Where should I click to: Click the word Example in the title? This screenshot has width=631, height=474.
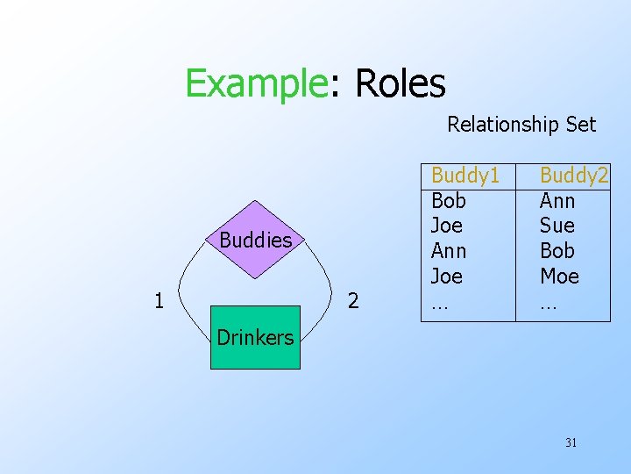click(x=254, y=84)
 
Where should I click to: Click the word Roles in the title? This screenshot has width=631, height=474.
click(x=399, y=84)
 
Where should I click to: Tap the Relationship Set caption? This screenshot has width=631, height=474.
click(x=521, y=125)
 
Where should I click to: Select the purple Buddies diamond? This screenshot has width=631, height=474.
click(x=255, y=240)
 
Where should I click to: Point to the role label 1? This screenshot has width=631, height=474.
click(x=159, y=301)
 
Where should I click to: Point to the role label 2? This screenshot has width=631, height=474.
click(x=353, y=301)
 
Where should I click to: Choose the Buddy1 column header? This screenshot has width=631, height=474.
click(x=465, y=176)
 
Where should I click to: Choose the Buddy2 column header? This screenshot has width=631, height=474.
click(x=574, y=176)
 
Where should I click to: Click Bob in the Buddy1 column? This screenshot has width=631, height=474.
click(x=449, y=201)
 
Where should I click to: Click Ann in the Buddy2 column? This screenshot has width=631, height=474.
click(x=557, y=201)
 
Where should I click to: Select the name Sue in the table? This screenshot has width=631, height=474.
click(x=557, y=226)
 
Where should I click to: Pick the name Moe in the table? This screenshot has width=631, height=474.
click(x=559, y=276)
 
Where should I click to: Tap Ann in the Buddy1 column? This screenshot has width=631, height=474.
click(x=449, y=251)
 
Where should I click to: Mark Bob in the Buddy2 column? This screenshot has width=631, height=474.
click(x=557, y=251)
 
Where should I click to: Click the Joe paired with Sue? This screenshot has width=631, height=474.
click(x=447, y=226)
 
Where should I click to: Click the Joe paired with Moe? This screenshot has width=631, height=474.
click(x=447, y=276)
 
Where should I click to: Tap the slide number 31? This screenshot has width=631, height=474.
click(x=571, y=442)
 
